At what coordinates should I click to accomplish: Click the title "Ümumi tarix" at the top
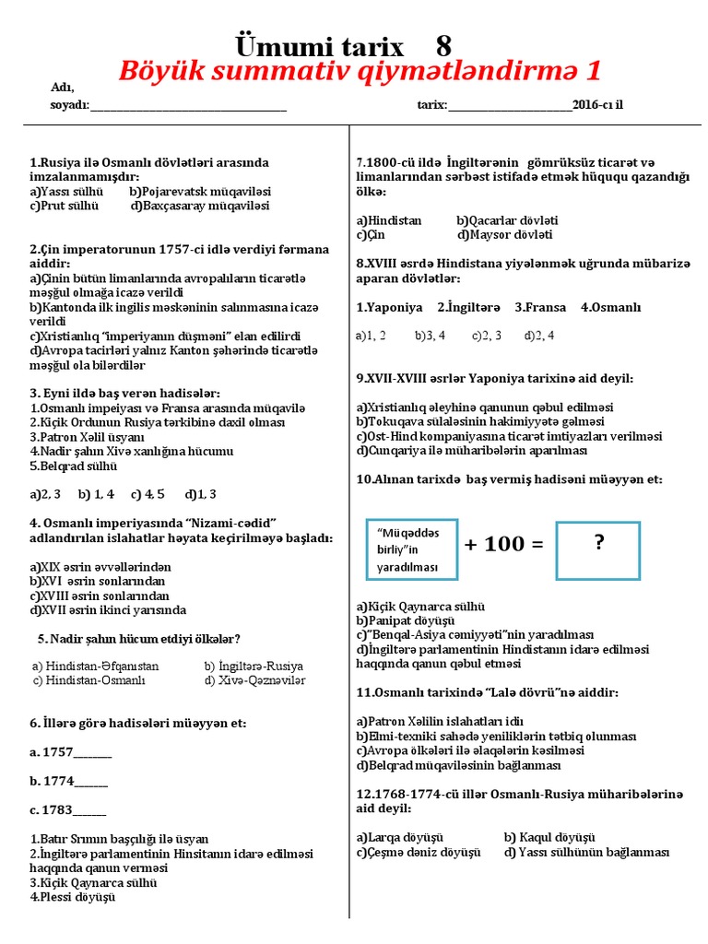(x=320, y=46)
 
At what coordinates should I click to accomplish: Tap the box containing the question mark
(x=600, y=550)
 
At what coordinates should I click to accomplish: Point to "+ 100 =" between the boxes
(x=503, y=544)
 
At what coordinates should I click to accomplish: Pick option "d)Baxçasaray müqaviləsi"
(x=200, y=206)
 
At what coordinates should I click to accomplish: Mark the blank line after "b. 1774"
(x=90, y=782)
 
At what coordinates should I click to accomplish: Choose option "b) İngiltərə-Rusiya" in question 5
(x=254, y=666)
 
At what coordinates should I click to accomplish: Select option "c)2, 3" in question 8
(x=487, y=336)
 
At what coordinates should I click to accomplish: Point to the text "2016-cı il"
(x=597, y=105)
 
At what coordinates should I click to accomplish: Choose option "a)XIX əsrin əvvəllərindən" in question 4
(x=100, y=567)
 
